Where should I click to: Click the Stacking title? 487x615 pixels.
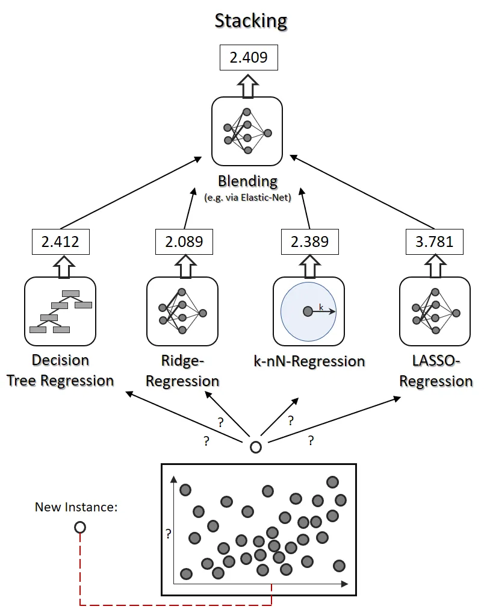click(x=251, y=21)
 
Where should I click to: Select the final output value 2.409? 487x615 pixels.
click(x=247, y=58)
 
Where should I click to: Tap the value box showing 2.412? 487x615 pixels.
click(x=60, y=242)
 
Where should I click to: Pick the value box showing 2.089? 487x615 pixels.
click(x=184, y=242)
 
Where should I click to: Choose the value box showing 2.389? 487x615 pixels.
click(x=309, y=242)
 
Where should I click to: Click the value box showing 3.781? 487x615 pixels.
click(x=435, y=242)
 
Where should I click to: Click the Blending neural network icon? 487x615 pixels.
click(x=247, y=131)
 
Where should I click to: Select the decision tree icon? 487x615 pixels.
click(x=60, y=311)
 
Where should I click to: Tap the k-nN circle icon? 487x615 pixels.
click(x=308, y=311)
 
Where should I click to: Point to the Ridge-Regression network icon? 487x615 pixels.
click(x=182, y=311)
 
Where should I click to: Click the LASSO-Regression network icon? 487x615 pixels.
click(x=435, y=311)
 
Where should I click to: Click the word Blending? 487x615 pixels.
click(x=247, y=181)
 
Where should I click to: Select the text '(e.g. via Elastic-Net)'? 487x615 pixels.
click(x=247, y=198)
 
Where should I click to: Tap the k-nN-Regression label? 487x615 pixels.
click(x=309, y=361)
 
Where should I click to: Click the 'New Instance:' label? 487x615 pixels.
click(x=75, y=507)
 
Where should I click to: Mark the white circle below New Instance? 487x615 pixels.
click(x=79, y=528)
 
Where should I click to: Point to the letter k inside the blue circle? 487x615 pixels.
click(x=321, y=307)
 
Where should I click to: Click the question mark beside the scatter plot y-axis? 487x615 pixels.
click(x=169, y=533)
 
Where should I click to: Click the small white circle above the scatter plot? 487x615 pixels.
click(x=256, y=448)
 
